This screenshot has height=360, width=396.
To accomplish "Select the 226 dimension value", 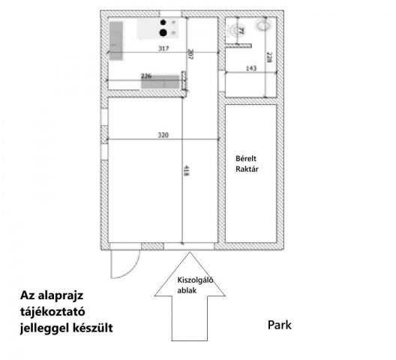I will [147, 75].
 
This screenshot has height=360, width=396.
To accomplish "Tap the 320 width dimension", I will [163, 136].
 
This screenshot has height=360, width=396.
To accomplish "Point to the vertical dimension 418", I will [185, 171].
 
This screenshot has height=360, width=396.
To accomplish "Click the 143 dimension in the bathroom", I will [252, 69].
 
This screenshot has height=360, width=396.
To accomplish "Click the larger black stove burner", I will [161, 32].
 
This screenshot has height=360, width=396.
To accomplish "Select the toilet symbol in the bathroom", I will [240, 31].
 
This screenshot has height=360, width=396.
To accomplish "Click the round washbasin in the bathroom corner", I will [263, 25].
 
